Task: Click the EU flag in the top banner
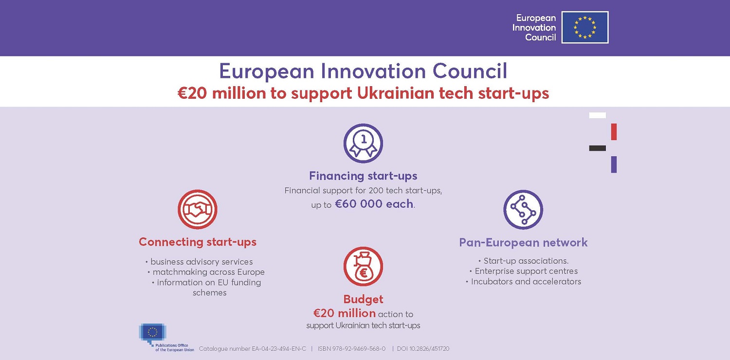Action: point(585,27)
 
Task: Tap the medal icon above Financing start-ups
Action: point(363,144)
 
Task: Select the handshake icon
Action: point(198,209)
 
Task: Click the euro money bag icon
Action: point(363,267)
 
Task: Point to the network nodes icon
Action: point(523,210)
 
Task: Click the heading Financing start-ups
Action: point(363,176)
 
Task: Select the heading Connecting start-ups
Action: point(198,242)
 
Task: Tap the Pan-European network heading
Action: point(523,242)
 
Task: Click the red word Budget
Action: point(363,299)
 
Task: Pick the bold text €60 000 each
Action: point(374,204)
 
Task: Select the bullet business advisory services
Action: point(199,262)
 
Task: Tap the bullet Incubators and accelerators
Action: point(523,282)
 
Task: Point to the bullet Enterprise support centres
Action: point(523,271)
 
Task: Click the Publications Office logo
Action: point(166,338)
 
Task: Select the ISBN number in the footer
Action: point(352,349)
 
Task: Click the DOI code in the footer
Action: point(423,349)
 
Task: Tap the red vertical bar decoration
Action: point(614,132)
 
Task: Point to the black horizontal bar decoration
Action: point(597,148)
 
